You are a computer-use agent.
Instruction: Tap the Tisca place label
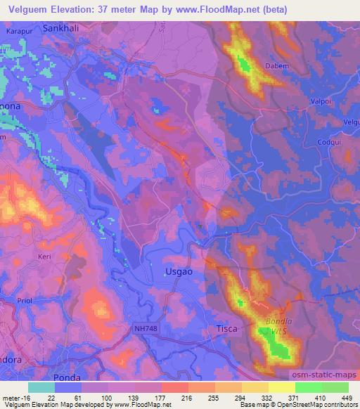coord(227,327)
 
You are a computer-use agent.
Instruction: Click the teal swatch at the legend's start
coord(41,387)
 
